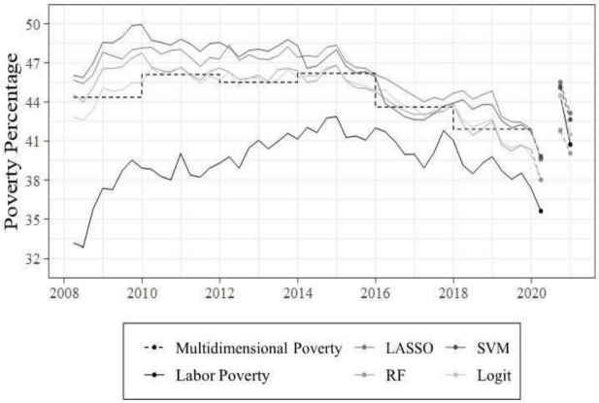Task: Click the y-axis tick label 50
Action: (42, 23)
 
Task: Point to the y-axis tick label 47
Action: (42, 62)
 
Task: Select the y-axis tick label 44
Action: (42, 102)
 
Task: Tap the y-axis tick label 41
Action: (42, 141)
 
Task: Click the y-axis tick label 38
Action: (42, 181)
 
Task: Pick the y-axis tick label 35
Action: (42, 219)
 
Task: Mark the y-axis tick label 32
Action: (42, 259)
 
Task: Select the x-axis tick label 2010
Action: (142, 290)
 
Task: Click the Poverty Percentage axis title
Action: (14, 141)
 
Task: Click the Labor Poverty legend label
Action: (222, 373)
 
